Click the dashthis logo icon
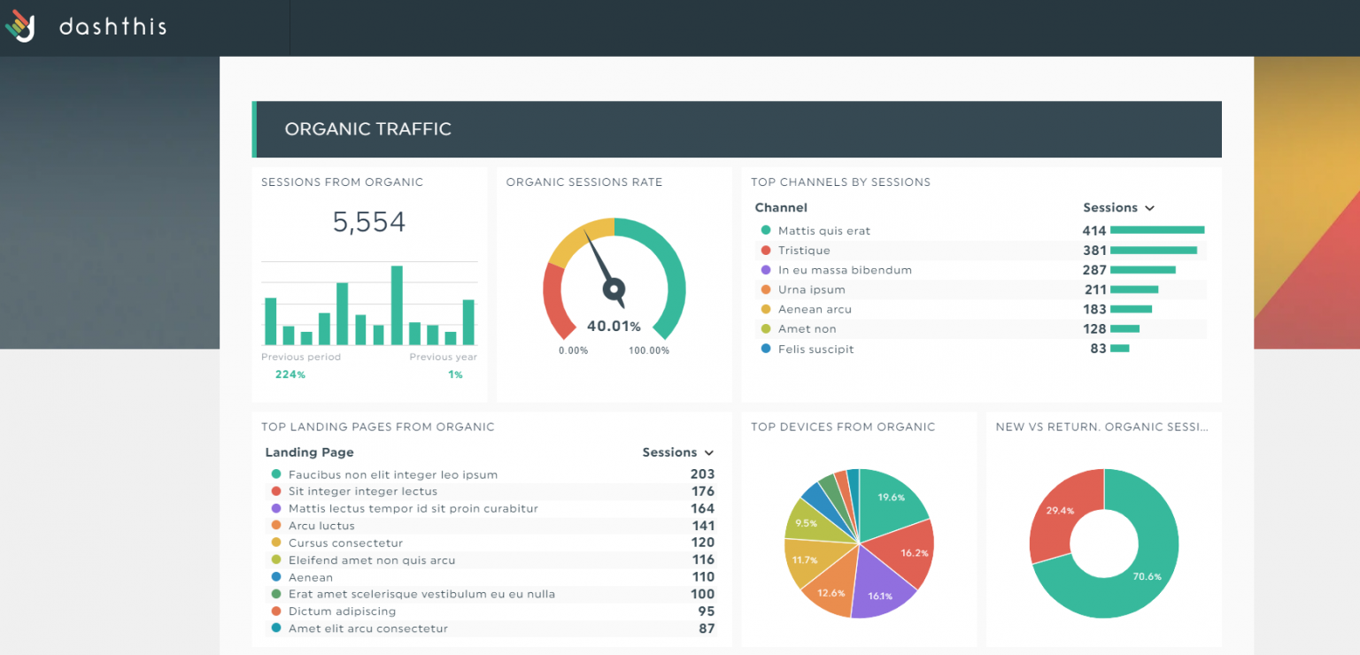(x=20, y=26)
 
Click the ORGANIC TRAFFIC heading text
(x=367, y=129)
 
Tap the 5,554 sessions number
(x=369, y=222)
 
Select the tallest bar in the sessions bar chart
(x=397, y=305)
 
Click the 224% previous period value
(x=290, y=374)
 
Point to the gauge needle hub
(x=614, y=288)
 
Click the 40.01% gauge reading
(x=614, y=327)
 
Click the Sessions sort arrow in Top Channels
(x=1149, y=208)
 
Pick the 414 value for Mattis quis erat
(x=1093, y=231)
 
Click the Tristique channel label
(x=804, y=250)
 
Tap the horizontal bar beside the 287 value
(x=1142, y=270)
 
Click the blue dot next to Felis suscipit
(x=766, y=349)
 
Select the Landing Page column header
(x=309, y=452)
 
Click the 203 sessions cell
(x=702, y=474)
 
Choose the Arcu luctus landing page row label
(x=321, y=526)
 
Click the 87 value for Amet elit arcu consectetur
(x=706, y=628)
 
